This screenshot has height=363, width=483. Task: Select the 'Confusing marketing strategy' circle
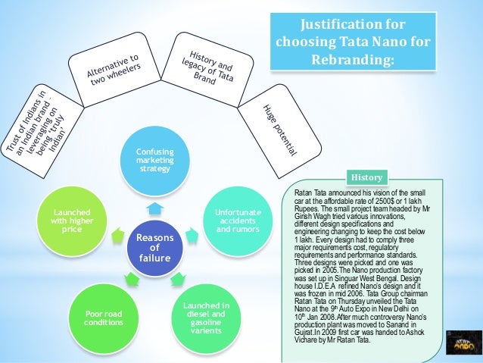(155, 161)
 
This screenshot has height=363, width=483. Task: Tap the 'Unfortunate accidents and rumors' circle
(238, 219)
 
